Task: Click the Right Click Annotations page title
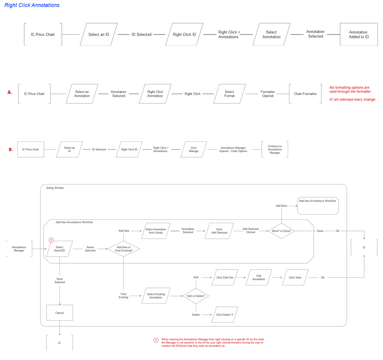(32, 5)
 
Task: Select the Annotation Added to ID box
(358, 35)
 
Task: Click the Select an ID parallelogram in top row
(99, 35)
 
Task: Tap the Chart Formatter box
(305, 94)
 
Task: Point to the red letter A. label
(10, 92)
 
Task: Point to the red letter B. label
(11, 150)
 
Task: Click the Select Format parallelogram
(229, 94)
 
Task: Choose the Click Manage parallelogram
(194, 150)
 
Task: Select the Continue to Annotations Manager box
(274, 150)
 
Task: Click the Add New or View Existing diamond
(123, 249)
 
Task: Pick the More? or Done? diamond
(281, 231)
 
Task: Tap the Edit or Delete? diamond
(196, 296)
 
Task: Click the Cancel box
(60, 313)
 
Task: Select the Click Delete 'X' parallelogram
(225, 315)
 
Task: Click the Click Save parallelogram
(295, 277)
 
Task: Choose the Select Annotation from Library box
(156, 231)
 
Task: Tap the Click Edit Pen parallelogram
(225, 277)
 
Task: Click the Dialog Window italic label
(55, 188)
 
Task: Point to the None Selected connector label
(60, 280)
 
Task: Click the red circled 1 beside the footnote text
(156, 340)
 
